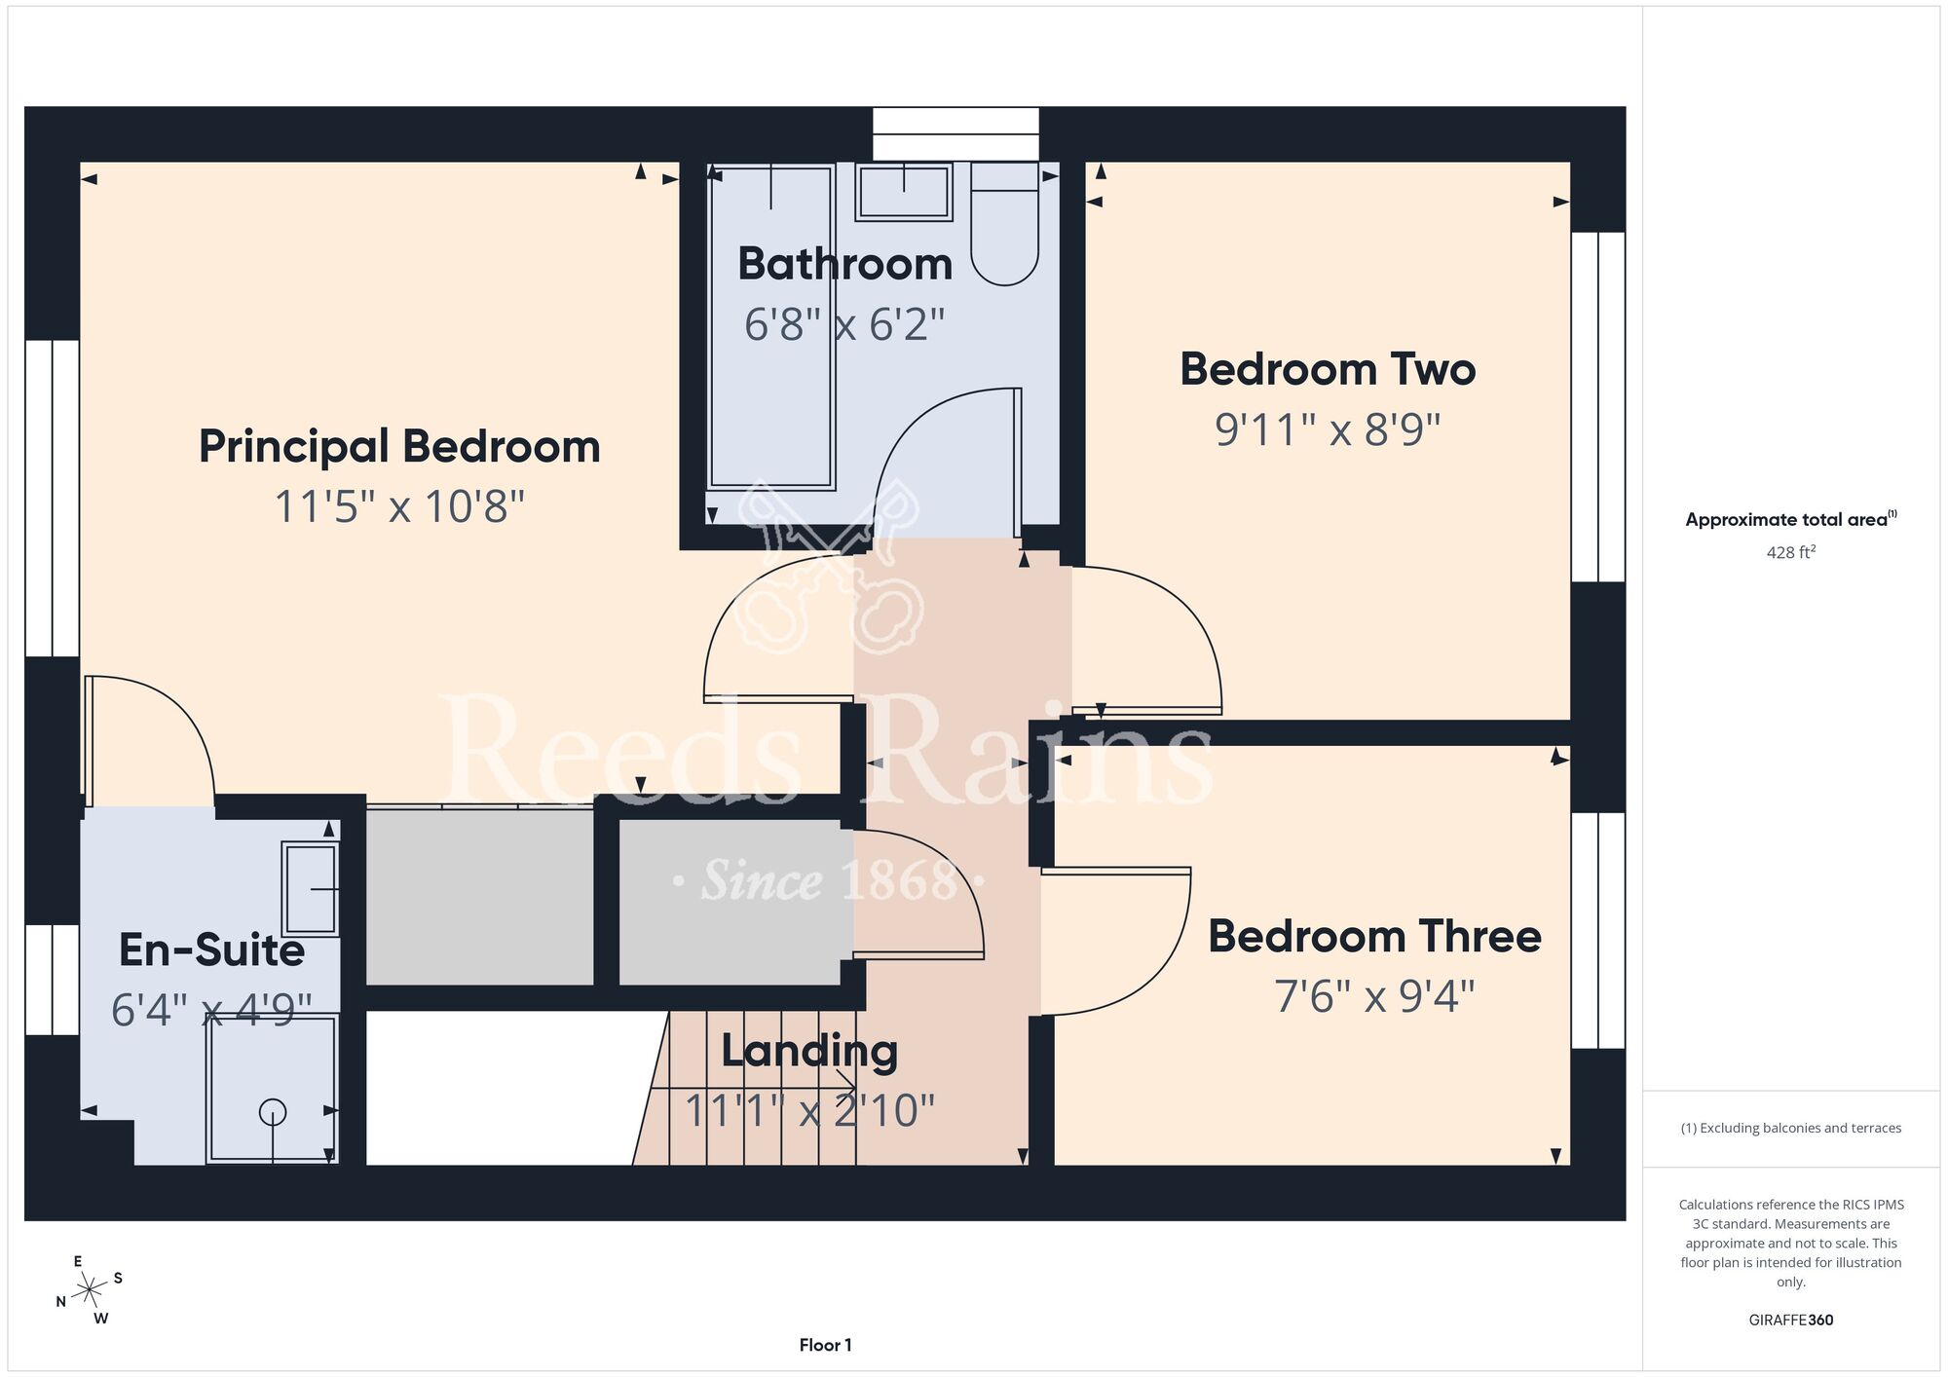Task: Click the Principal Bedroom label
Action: pyautogui.click(x=399, y=447)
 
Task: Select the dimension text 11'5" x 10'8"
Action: pyautogui.click(x=399, y=507)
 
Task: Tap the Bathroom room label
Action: pyautogui.click(x=845, y=264)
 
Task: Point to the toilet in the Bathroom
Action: pyautogui.click(x=1005, y=224)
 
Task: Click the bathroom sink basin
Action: pyautogui.click(x=904, y=192)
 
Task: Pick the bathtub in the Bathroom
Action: pyautogui.click(x=771, y=326)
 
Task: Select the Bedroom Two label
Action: pyautogui.click(x=1328, y=369)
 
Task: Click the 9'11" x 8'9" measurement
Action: pyautogui.click(x=1328, y=429)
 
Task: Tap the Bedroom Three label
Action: pyautogui.click(x=1374, y=936)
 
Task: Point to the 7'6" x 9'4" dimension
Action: pyautogui.click(x=1374, y=996)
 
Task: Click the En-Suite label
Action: pyautogui.click(x=211, y=949)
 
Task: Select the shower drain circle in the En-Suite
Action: pyautogui.click(x=273, y=1111)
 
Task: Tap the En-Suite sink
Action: pyautogui.click(x=311, y=889)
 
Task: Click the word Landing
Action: pyautogui.click(x=809, y=1052)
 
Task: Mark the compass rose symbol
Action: pyautogui.click(x=90, y=1290)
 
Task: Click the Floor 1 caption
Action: pyautogui.click(x=825, y=1345)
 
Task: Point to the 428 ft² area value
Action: pyautogui.click(x=1790, y=552)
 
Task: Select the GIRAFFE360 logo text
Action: pyautogui.click(x=1790, y=1321)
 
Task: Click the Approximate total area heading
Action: pyautogui.click(x=1790, y=519)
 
